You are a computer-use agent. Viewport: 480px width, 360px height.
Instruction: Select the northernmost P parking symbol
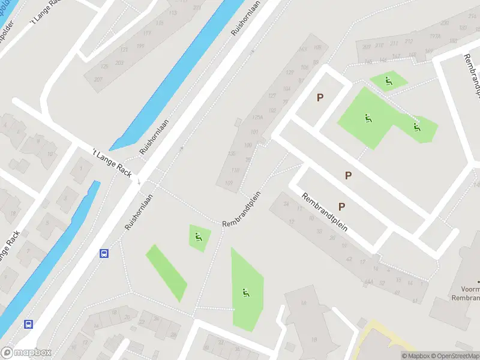point(320,97)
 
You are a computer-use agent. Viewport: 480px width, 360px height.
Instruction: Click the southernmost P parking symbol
point(341,206)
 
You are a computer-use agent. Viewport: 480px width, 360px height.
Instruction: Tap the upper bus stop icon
point(104,254)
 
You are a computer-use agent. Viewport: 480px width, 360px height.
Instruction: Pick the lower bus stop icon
point(28,324)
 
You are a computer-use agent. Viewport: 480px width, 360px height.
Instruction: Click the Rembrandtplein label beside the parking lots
point(325,212)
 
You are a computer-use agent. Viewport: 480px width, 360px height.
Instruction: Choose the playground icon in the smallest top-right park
point(389,81)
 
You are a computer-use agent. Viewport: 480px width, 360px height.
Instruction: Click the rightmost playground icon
point(416,127)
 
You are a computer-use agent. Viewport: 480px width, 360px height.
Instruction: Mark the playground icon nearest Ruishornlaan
point(199,237)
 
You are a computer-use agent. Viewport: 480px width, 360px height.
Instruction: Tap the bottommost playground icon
point(245,293)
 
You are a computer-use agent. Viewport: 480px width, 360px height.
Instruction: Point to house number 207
point(98,79)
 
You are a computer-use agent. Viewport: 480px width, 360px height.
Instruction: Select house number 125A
point(258,118)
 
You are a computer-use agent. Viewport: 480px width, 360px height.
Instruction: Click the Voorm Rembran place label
point(467,292)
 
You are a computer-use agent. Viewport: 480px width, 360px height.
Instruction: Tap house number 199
point(140,46)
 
